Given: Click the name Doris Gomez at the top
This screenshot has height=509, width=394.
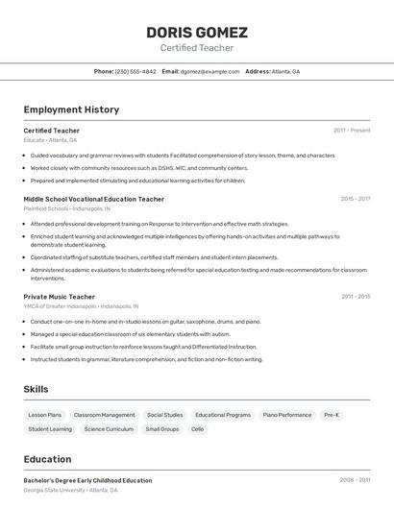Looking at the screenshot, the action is (x=197, y=32).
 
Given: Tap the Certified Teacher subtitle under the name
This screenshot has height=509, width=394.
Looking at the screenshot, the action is (x=197, y=48).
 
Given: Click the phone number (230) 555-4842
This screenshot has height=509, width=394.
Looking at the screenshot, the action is (x=135, y=71).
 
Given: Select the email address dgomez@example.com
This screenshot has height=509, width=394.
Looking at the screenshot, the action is (x=209, y=71).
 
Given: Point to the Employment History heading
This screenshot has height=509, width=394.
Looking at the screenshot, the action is (x=71, y=109).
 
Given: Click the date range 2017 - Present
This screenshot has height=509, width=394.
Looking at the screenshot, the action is (x=352, y=131).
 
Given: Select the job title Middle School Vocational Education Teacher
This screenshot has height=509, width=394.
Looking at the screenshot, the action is (x=94, y=199).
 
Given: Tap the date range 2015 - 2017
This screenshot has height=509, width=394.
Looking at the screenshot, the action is (x=355, y=199).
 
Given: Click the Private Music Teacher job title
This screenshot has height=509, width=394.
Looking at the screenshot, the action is (x=60, y=297).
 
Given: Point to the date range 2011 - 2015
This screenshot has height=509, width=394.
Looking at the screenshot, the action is (x=355, y=297).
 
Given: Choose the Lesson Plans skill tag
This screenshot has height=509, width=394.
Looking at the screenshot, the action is (x=45, y=415).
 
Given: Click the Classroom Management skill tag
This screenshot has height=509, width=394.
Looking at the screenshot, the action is (x=105, y=415).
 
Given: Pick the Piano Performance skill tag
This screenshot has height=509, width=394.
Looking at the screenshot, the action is (x=286, y=415).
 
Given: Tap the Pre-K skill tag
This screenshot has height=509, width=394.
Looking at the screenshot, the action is (x=332, y=415).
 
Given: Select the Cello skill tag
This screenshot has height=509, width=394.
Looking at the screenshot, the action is (x=198, y=429).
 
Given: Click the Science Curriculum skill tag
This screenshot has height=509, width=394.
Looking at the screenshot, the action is (x=109, y=429).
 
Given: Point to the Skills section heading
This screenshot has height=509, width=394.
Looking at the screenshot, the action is (x=37, y=389).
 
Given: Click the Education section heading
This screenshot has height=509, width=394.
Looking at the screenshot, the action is (x=48, y=459).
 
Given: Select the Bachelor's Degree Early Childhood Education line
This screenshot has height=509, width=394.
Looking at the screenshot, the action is (x=88, y=480).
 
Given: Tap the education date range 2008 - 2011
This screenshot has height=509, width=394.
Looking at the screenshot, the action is (x=355, y=480).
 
